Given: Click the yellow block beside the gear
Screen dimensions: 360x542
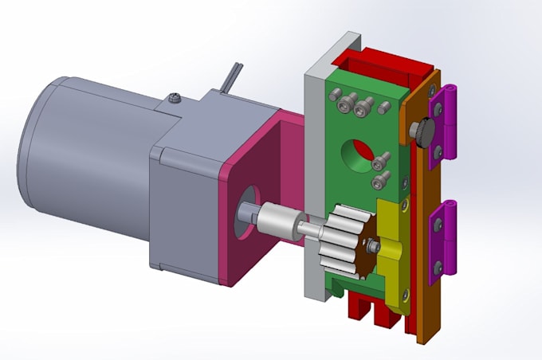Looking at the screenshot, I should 390,239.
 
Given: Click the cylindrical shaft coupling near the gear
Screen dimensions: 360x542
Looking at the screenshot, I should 279,218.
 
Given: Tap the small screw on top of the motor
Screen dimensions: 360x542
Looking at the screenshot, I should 176,99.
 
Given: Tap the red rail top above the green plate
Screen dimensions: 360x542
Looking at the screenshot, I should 375,60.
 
